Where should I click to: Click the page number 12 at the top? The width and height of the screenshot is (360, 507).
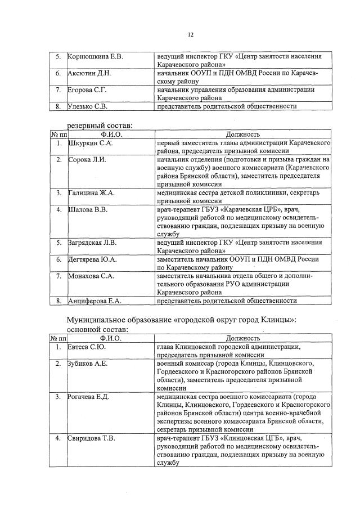191,35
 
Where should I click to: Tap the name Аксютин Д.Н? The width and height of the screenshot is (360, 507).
89,73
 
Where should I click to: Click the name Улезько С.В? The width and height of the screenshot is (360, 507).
88,106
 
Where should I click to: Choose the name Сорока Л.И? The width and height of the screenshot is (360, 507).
86,160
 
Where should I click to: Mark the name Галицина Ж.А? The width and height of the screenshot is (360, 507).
91,193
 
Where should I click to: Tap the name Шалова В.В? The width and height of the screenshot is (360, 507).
88,209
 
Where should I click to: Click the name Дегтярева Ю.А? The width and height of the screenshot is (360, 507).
92,259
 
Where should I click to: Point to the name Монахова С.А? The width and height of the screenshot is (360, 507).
91,276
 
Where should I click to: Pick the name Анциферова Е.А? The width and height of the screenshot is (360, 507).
94,301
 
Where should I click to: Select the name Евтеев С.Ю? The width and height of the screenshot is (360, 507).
87,347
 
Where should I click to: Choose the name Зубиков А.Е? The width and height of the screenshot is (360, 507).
88,364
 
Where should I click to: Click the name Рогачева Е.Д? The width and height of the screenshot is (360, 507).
88,397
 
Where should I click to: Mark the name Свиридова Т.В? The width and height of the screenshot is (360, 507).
91,438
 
